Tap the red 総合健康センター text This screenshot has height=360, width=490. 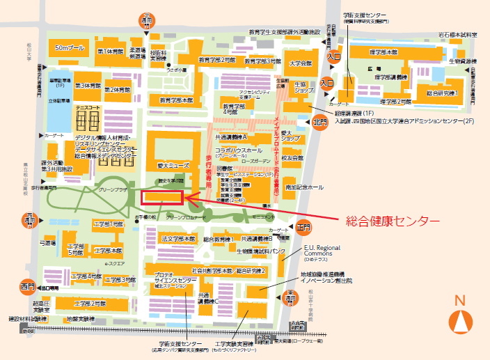393,221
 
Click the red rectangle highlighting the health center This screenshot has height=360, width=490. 162,198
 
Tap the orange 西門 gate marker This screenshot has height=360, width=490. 28,286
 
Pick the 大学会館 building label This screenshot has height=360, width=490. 301,63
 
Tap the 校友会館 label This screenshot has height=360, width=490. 294,158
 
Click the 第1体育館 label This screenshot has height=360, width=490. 110,51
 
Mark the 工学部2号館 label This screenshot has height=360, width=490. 90,304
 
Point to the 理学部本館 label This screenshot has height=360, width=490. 384,52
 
